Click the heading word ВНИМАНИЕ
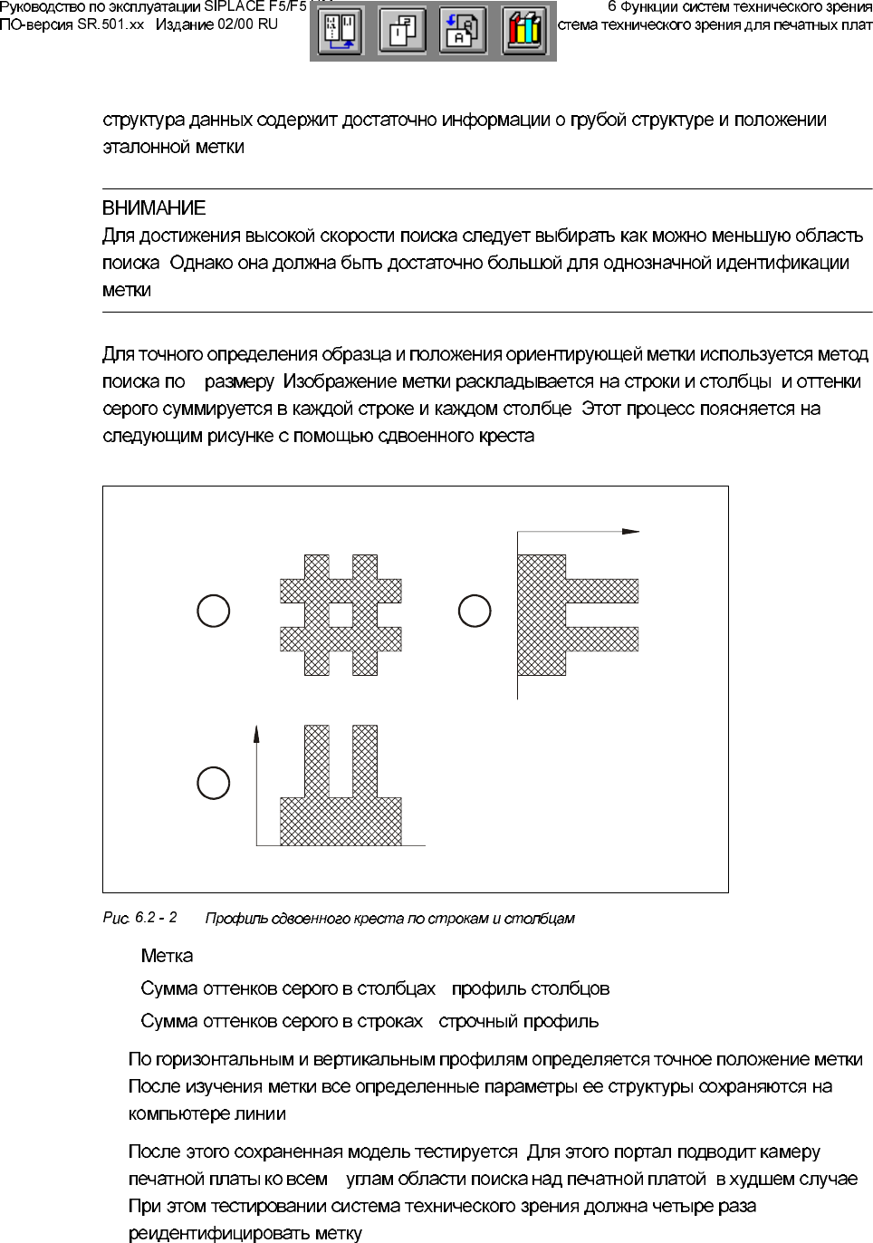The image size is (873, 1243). point(154,208)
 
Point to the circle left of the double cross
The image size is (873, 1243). point(214,611)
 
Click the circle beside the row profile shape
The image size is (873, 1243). point(475,611)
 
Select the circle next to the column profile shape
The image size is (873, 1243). point(214,783)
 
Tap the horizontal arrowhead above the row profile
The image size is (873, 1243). point(631,532)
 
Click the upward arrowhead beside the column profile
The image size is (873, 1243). point(256,734)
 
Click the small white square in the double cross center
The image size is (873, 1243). point(341,615)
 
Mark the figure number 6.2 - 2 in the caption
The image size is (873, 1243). point(156,918)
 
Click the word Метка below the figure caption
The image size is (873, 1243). point(167,956)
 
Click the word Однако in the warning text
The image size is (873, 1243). point(199,263)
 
